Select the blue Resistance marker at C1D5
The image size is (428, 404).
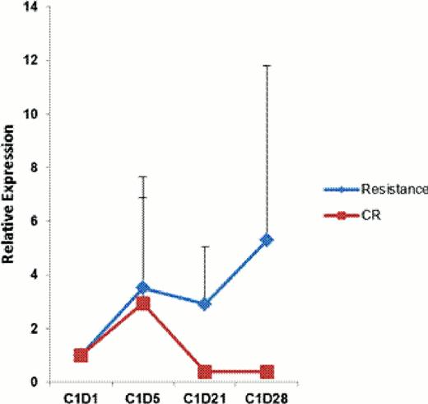coord(143,288)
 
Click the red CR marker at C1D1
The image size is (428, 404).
coord(81,355)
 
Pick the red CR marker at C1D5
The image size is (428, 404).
coord(143,303)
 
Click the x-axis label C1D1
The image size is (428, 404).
coord(81,395)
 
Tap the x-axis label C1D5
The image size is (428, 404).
coord(143,395)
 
